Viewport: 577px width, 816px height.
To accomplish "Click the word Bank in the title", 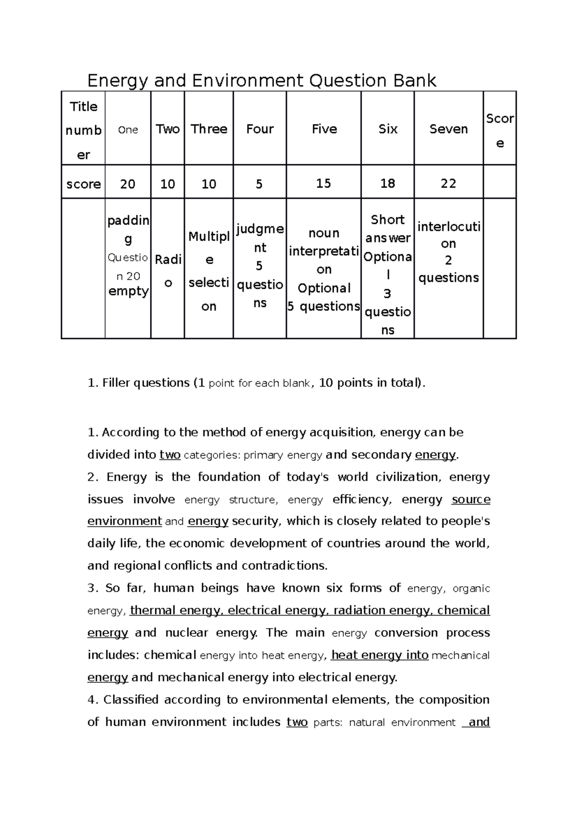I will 415,80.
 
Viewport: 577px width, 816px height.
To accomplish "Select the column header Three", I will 209,129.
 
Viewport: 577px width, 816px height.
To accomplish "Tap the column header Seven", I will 448,129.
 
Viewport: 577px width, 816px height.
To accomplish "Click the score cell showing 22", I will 448,183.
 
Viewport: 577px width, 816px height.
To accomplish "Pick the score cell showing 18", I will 388,183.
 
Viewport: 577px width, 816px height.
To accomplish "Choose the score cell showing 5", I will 259,184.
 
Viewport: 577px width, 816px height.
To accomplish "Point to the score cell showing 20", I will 127,184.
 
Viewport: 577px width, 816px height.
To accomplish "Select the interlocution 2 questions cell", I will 448,252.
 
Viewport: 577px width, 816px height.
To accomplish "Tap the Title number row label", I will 83,130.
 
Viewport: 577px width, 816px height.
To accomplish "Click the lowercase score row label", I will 83,184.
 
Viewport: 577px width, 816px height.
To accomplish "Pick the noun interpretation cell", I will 324,269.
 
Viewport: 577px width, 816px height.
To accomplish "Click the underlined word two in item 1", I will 170,455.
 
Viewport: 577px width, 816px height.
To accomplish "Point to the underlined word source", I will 471,499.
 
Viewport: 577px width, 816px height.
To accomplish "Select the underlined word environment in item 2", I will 125,521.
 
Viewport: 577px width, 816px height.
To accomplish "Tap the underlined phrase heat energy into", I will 380,655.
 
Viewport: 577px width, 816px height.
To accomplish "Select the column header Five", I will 324,129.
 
